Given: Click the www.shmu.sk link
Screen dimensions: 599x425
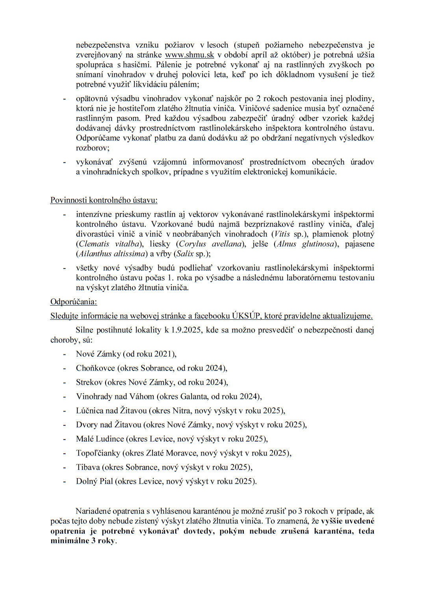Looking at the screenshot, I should pyautogui.click(x=189, y=55).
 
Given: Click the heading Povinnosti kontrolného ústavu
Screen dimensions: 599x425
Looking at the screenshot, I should pyautogui.click(x=104, y=200).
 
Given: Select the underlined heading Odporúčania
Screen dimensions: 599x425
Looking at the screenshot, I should pyautogui.click(x=73, y=302).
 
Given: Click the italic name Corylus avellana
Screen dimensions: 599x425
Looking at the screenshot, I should pyautogui.click(x=210, y=244).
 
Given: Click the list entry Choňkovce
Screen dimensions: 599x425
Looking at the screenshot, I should pyautogui.click(x=95, y=368).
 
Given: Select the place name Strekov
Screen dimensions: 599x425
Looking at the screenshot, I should pyautogui.click(x=89, y=382).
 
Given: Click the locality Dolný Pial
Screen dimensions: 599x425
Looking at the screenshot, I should pyautogui.click(x=95, y=481).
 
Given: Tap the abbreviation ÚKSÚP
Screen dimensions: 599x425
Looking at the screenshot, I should pyautogui.click(x=246, y=316).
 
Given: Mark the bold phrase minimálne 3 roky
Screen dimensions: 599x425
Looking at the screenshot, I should pyautogui.click(x=83, y=541).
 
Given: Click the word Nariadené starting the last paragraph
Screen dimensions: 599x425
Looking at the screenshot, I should pyautogui.click(x=93, y=511).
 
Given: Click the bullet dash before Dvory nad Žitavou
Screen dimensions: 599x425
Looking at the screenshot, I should pyautogui.click(x=64, y=425).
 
